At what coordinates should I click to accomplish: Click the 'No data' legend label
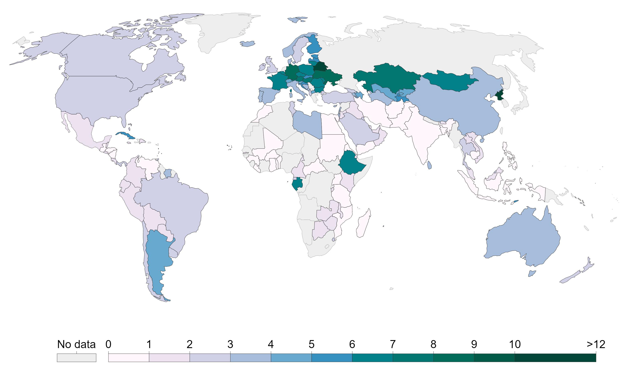click(x=76, y=345)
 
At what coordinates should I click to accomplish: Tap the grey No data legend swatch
click(x=76, y=358)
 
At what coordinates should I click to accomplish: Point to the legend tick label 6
click(x=352, y=345)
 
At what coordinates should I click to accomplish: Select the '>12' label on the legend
click(x=596, y=345)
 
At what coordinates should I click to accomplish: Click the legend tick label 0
click(x=108, y=345)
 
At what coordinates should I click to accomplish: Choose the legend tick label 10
click(x=515, y=345)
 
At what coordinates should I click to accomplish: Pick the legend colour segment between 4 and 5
click(x=291, y=358)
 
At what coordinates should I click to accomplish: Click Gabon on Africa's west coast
click(x=297, y=184)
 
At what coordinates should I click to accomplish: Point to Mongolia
click(x=448, y=81)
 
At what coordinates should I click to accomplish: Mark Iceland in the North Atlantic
click(x=247, y=43)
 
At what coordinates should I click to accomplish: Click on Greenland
click(x=223, y=30)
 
